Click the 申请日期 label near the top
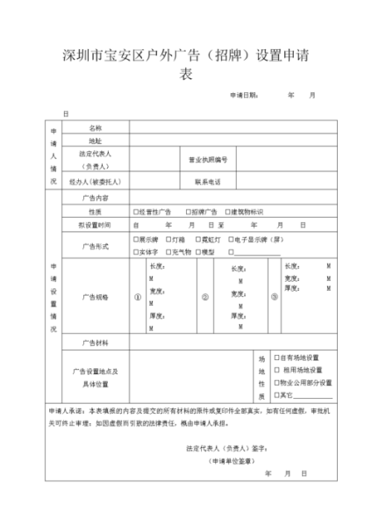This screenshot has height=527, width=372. click(x=244, y=94)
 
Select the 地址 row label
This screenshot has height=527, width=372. click(x=95, y=140)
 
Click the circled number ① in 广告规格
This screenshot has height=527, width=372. click(x=138, y=297)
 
